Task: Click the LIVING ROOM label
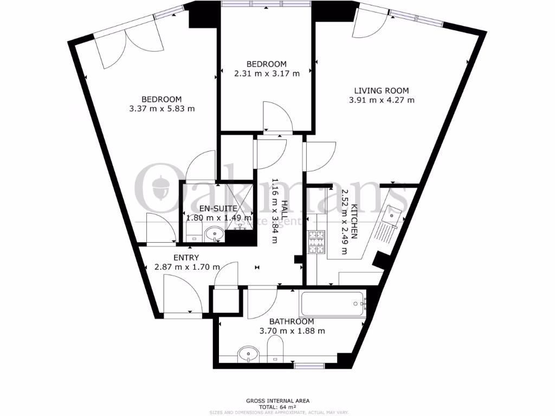382,90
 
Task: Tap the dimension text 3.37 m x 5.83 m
161,108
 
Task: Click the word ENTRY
186,257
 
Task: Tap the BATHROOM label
292,322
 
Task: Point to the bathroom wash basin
249,355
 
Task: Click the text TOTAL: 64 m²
277,407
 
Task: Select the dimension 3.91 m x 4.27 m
382,100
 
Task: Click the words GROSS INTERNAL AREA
277,400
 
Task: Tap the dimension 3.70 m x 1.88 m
292,331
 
